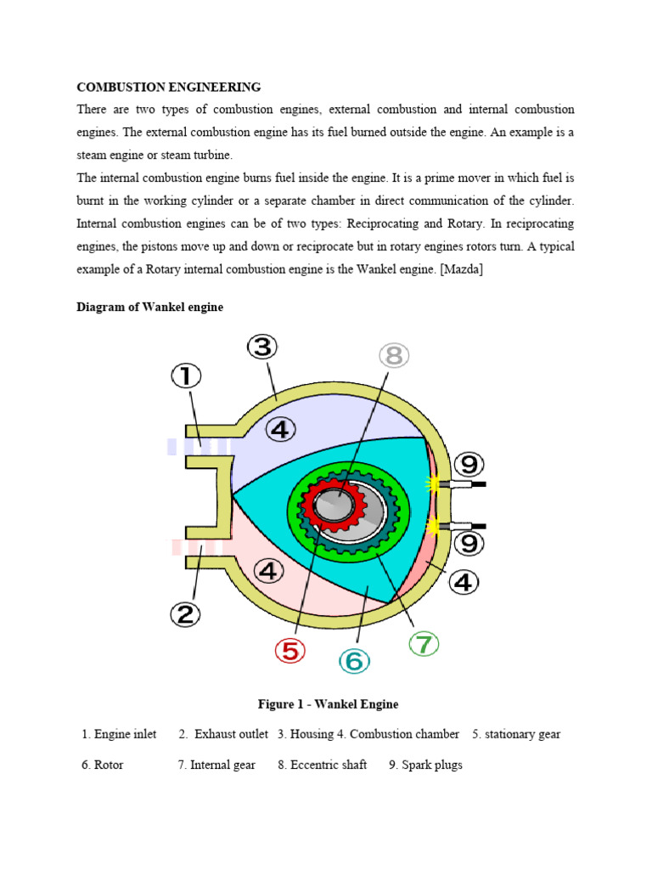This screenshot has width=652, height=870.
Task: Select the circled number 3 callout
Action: pos(262,347)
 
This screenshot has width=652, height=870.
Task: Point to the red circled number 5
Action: pos(290,652)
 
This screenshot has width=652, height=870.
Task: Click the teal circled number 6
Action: pos(354,660)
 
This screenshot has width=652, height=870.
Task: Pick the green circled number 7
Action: pos(424,644)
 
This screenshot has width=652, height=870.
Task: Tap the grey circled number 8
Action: pos(392,356)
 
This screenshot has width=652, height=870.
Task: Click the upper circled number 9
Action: pos(469,465)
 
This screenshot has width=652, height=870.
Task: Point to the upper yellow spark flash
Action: pos(434,484)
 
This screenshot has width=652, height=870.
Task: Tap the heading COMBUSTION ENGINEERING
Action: pos(169,87)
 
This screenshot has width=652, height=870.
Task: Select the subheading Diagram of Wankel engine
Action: pos(150,308)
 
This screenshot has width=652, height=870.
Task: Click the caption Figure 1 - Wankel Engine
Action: pos(328,704)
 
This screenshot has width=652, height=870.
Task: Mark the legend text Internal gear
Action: pos(222,765)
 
